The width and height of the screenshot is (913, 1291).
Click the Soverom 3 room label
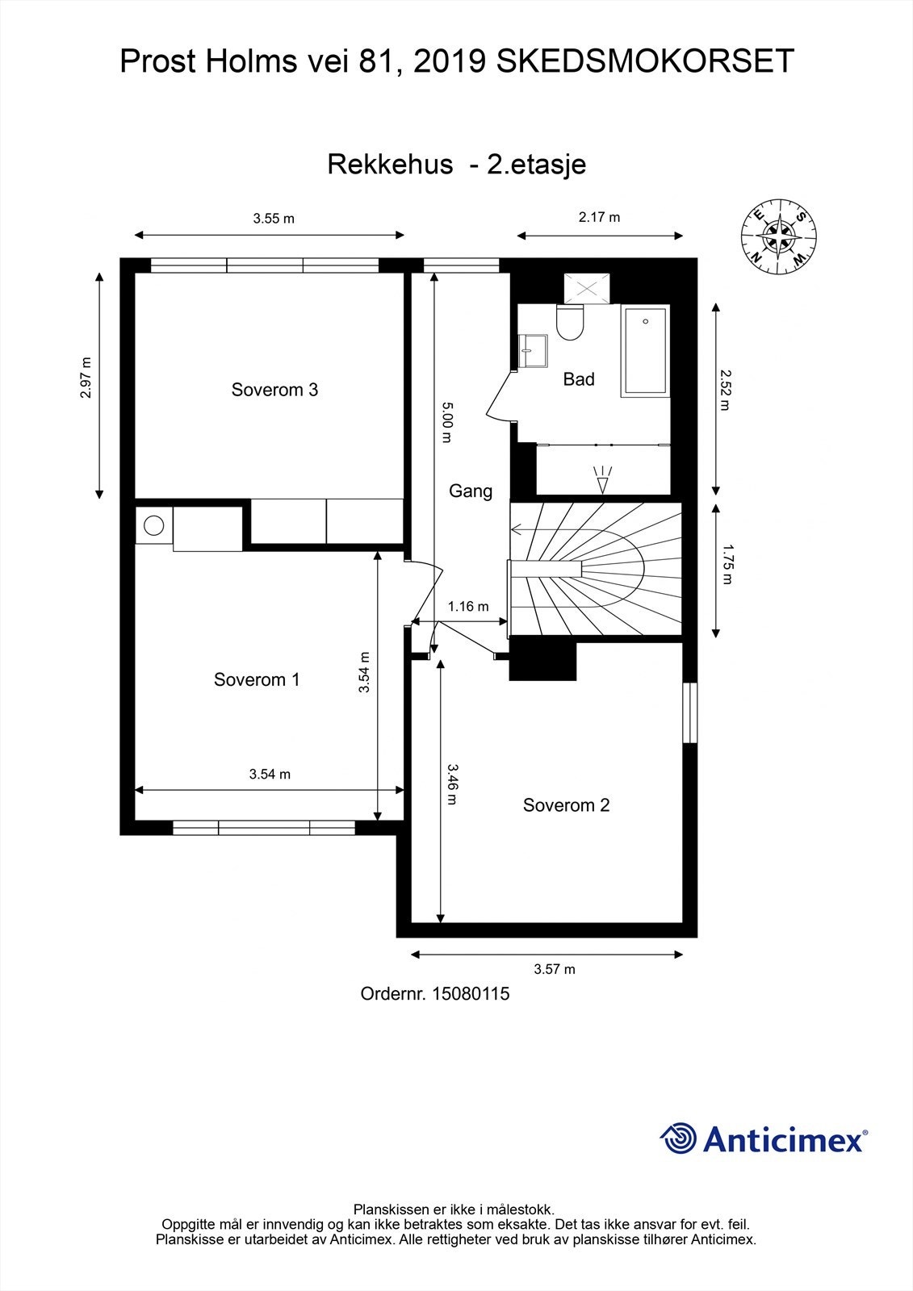(x=274, y=390)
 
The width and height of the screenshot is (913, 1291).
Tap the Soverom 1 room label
(x=256, y=679)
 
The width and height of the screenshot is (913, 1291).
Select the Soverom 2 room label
(x=566, y=804)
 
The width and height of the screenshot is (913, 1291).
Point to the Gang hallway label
(x=470, y=491)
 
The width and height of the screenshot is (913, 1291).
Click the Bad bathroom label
(x=578, y=379)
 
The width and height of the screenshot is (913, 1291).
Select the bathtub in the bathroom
(x=644, y=351)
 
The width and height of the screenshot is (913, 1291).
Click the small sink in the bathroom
(x=533, y=350)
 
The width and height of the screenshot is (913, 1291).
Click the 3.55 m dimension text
(x=273, y=218)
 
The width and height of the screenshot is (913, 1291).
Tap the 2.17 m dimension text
(x=599, y=217)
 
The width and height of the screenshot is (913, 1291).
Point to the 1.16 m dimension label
(x=468, y=606)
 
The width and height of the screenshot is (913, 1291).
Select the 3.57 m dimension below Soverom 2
(x=554, y=969)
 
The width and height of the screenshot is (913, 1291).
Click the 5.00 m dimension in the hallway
(x=446, y=422)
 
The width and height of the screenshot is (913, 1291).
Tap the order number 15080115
(x=471, y=994)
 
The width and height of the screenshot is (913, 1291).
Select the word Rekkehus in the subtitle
(x=389, y=165)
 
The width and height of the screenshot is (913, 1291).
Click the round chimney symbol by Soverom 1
(x=153, y=526)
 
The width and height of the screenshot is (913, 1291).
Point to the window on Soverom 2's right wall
(x=689, y=713)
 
